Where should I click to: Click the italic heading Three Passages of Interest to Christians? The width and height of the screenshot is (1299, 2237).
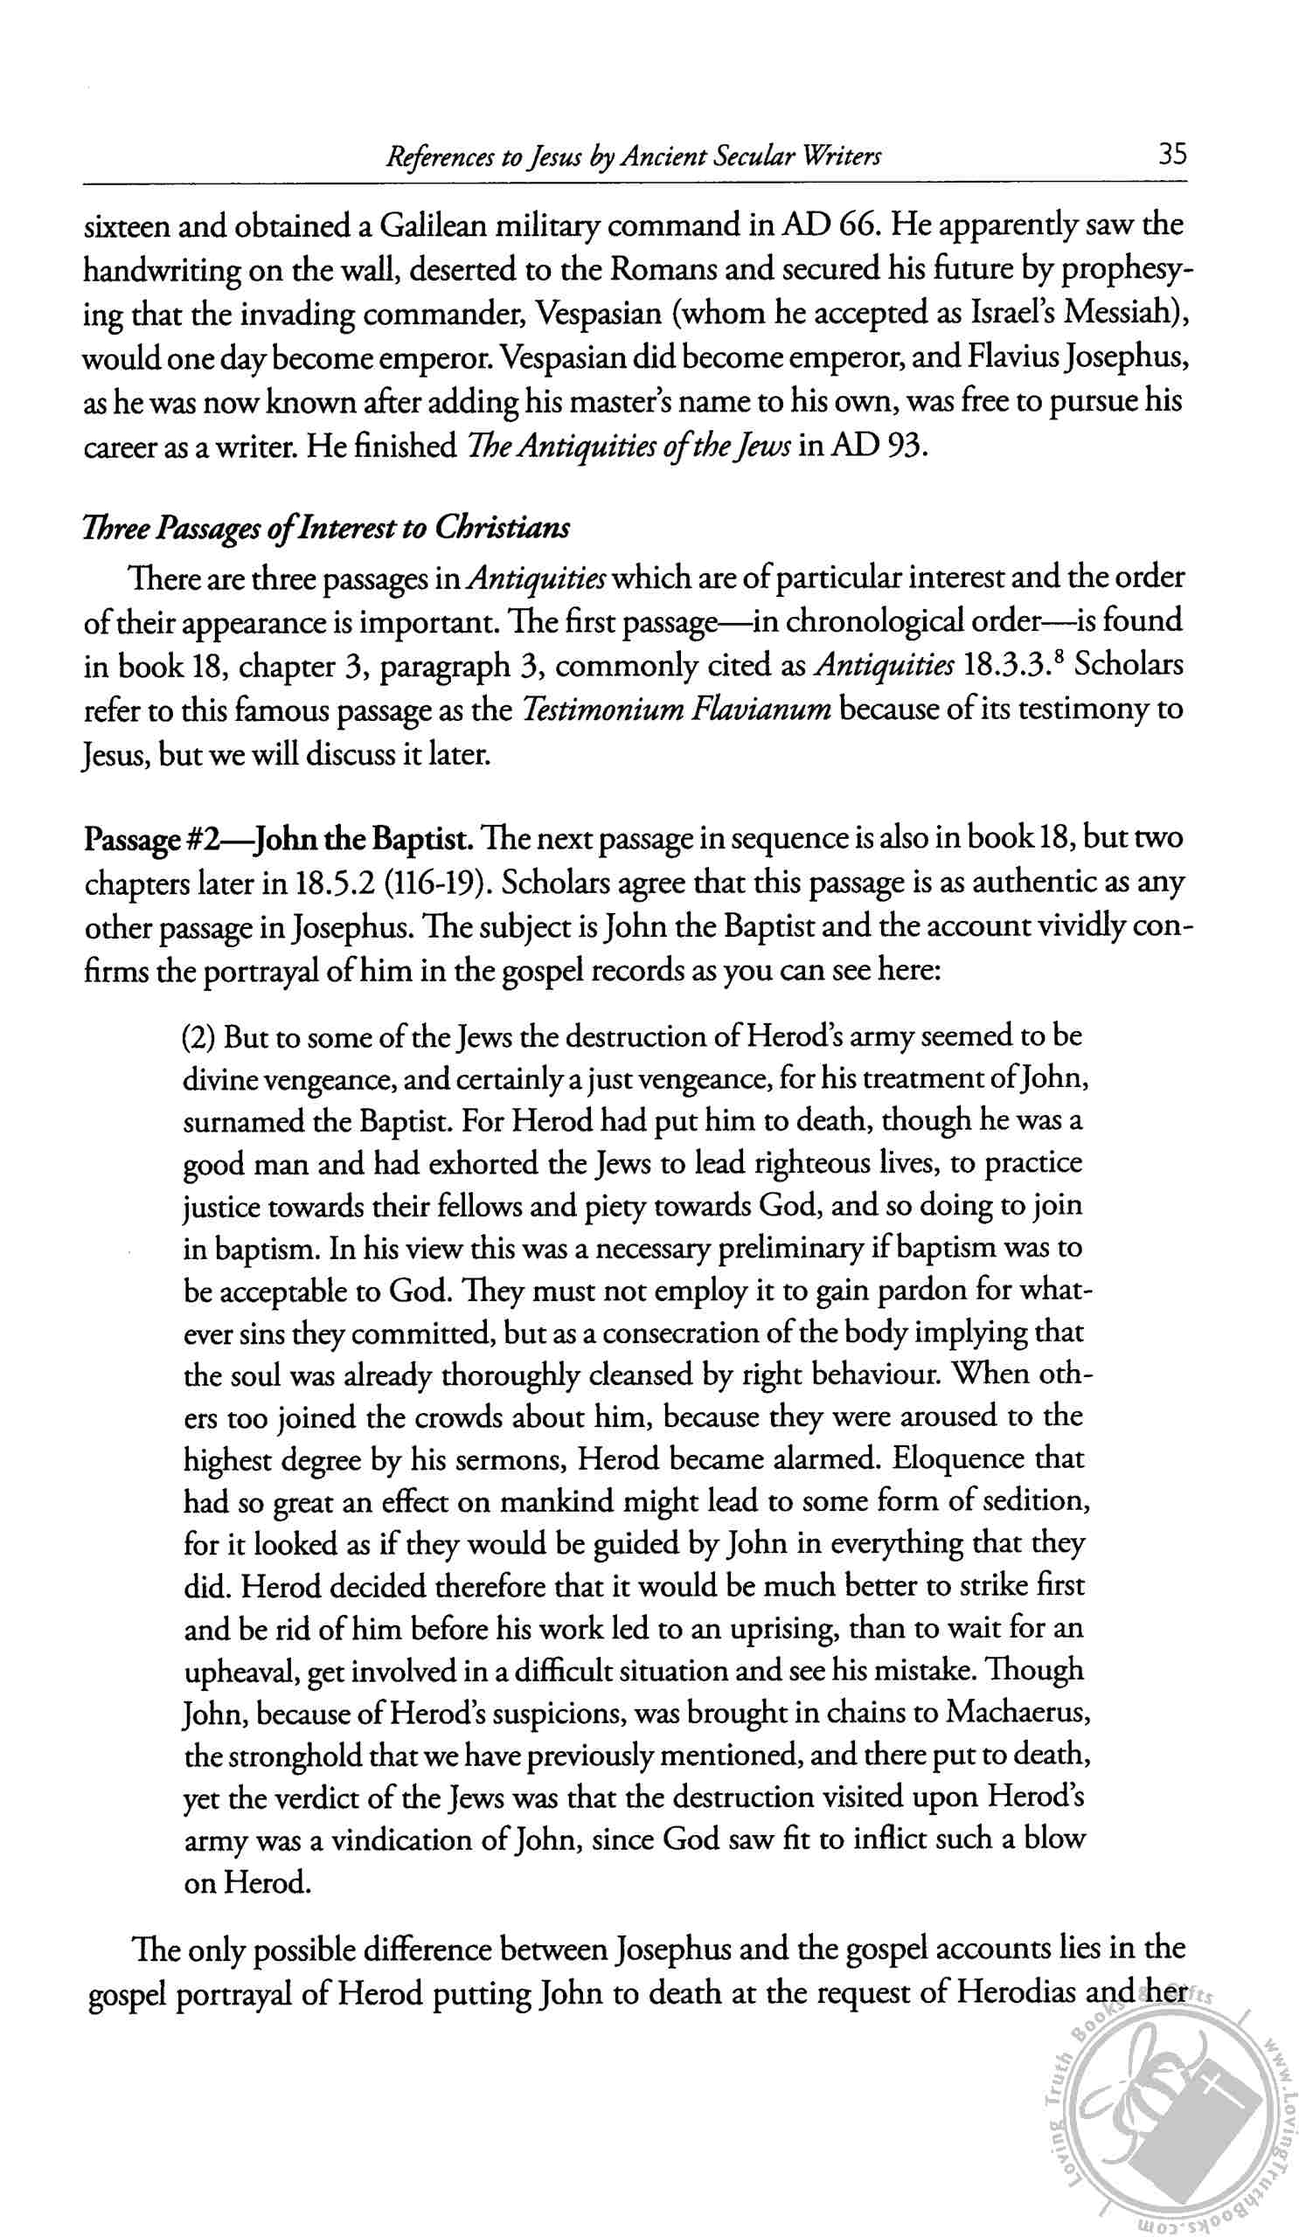[x=327, y=527]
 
